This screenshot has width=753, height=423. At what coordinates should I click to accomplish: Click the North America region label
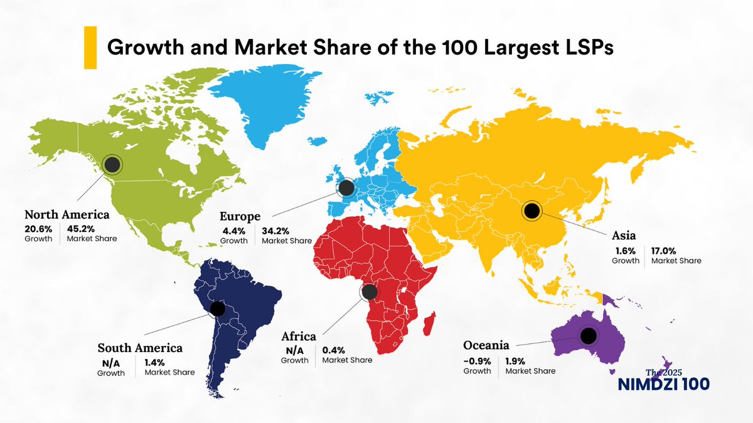[x=67, y=214]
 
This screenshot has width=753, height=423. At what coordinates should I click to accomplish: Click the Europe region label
[x=240, y=216]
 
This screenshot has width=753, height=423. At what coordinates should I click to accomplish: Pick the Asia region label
[x=624, y=236]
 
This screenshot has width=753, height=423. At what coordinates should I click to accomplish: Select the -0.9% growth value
[x=477, y=360]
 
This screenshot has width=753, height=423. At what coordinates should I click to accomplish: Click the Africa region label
[x=299, y=337]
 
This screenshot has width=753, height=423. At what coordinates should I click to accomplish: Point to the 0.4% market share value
[x=334, y=350]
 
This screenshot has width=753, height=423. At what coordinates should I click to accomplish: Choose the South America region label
[x=140, y=347]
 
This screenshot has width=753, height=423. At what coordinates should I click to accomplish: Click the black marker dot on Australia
[x=588, y=337]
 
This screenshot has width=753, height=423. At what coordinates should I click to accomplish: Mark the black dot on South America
[x=217, y=309]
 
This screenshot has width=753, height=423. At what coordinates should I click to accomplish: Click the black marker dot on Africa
[x=370, y=292]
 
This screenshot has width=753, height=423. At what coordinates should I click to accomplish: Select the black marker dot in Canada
[x=112, y=165]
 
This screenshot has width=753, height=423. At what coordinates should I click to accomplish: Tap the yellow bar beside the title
[x=90, y=48]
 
